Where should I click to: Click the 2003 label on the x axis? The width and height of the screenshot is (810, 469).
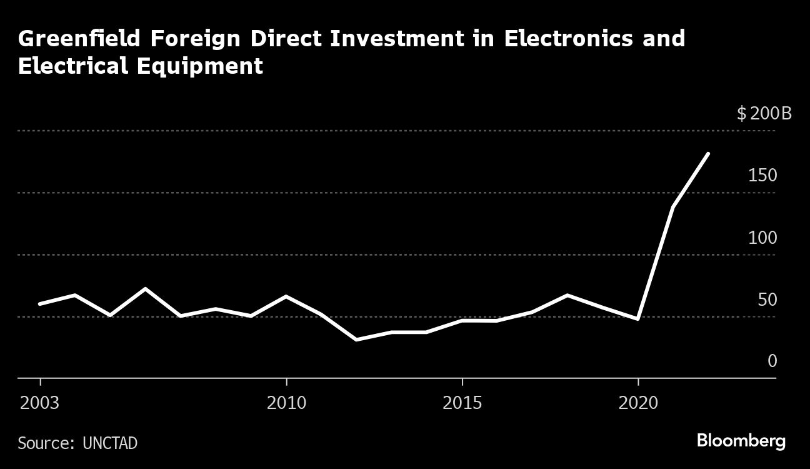point(40,402)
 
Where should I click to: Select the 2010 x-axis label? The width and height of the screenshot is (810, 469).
point(286,402)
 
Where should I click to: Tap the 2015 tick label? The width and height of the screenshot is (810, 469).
point(462,402)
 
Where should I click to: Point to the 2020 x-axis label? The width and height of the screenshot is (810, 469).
point(637,402)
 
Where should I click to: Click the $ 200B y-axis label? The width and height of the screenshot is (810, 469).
point(764,114)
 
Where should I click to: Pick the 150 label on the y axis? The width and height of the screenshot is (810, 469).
point(762,176)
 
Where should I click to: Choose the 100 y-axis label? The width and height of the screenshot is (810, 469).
point(762,238)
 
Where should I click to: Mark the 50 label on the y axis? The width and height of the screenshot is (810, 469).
point(767,300)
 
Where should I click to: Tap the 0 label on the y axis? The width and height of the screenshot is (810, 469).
point(772,361)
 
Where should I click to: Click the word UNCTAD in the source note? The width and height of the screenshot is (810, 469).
point(110,443)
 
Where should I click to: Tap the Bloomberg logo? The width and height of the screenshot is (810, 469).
point(741,441)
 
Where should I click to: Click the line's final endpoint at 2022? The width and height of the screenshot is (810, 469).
point(707,153)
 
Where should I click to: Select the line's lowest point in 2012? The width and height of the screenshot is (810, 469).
point(356,340)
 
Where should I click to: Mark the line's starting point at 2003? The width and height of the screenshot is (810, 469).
point(40,304)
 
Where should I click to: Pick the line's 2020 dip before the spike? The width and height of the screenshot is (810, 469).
point(637,319)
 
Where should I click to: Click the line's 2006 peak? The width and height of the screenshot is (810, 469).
point(146,289)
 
